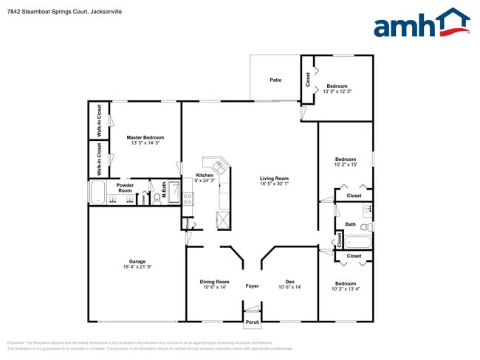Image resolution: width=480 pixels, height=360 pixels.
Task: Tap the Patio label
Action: [x=275, y=80]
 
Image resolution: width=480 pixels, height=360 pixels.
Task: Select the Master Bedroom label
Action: [x=145, y=137]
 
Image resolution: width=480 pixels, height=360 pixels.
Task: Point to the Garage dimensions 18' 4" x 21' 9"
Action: [x=137, y=266]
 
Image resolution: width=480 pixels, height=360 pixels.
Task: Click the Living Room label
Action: [x=274, y=178]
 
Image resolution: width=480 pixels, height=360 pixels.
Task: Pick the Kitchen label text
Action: [x=205, y=175]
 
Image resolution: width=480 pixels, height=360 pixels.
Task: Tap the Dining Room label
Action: [x=214, y=281]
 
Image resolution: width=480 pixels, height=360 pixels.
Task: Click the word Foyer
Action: [x=253, y=286]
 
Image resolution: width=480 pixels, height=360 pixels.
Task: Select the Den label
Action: [x=290, y=281]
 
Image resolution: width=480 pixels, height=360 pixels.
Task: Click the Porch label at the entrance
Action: [x=253, y=322]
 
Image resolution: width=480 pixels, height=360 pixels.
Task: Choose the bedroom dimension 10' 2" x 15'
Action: [x=345, y=165]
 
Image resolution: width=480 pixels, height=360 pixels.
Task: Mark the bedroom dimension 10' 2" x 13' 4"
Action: [x=346, y=289]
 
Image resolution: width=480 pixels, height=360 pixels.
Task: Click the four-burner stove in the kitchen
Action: [x=188, y=198]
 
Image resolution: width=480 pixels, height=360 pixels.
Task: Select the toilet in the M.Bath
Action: [x=157, y=197]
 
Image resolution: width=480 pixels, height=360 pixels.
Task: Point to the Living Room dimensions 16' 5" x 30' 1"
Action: [x=274, y=184]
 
